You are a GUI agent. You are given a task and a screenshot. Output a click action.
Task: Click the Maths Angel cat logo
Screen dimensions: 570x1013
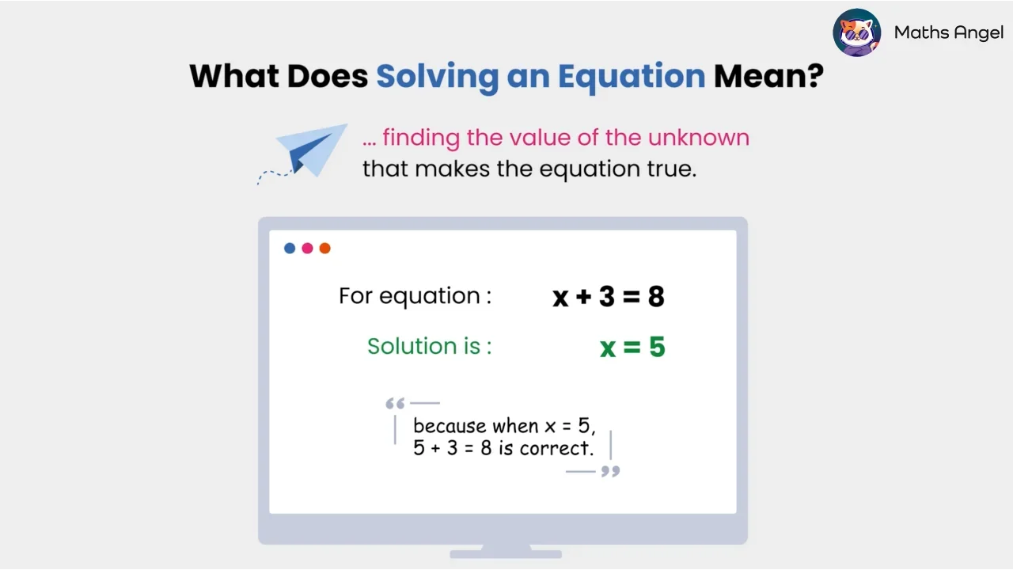point(857,32)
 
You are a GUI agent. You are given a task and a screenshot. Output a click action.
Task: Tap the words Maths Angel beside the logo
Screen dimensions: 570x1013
point(949,32)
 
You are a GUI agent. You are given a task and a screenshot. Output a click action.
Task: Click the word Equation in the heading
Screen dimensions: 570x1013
point(631,76)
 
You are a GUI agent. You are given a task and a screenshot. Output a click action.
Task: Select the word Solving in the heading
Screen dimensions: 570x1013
point(436,76)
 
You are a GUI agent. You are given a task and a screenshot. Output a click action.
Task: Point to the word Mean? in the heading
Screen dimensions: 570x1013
point(768,76)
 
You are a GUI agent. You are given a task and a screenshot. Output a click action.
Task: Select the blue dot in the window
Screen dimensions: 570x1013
point(290,249)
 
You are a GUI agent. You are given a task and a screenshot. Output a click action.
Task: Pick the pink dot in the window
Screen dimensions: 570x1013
point(307,249)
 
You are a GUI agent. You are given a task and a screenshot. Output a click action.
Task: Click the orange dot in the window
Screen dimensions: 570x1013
point(324,249)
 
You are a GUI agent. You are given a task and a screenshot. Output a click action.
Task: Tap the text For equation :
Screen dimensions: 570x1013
point(415,296)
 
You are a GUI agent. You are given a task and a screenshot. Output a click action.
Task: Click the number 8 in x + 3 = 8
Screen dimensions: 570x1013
point(656,297)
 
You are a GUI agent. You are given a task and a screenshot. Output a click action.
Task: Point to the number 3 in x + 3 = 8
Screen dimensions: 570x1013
point(606,297)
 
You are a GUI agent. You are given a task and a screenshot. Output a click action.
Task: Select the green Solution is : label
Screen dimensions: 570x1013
point(429,346)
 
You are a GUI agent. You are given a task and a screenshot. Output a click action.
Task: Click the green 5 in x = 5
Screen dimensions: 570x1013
point(657,348)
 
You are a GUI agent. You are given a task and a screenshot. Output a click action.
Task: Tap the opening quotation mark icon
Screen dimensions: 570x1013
point(395,405)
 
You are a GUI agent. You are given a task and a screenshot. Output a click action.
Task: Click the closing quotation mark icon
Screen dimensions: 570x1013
point(610,472)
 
